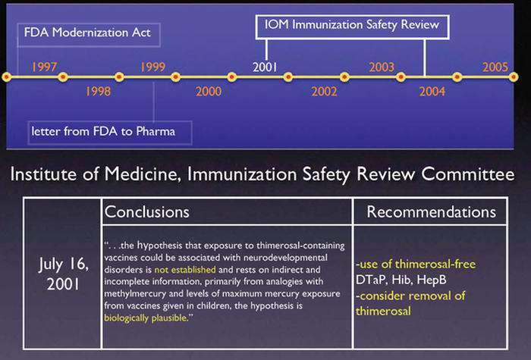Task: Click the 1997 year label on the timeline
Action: coord(44,67)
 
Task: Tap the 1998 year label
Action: coord(98,91)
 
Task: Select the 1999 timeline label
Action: coord(152,67)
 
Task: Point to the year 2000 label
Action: coord(209,91)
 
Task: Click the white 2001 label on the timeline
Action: coord(265,67)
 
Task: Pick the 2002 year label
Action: coord(325,91)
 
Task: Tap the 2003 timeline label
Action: coord(382,67)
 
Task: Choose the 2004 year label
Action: coord(432,91)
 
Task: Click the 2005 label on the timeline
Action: coord(495,67)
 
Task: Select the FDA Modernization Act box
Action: coord(89,35)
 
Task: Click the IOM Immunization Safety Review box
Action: coord(352,27)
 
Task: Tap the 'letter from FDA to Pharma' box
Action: coord(110,133)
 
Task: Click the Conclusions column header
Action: coord(146,211)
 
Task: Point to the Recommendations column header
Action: coord(431,211)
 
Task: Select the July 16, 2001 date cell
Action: coord(63,274)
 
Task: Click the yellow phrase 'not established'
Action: coord(185,270)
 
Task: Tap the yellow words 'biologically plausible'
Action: coord(146,318)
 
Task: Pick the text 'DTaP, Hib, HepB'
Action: coord(401,280)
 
